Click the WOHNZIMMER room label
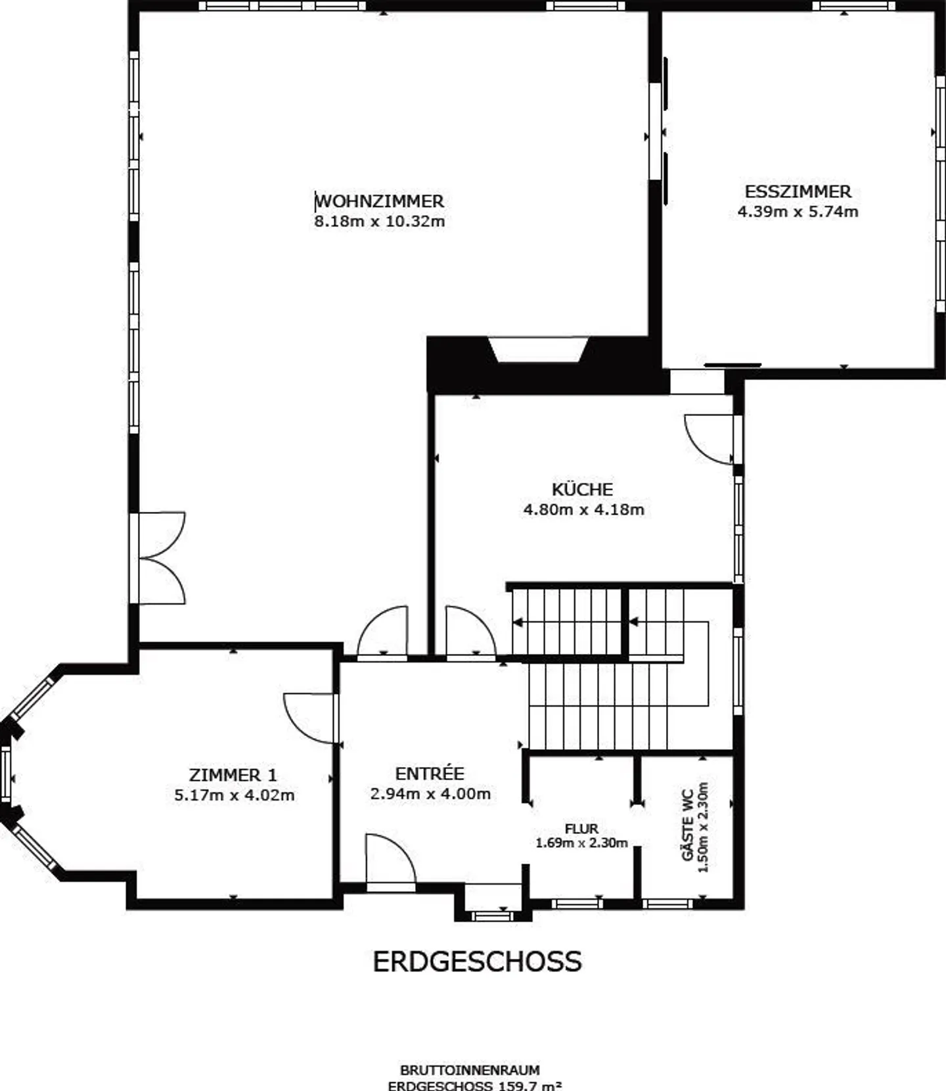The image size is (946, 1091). (380, 201)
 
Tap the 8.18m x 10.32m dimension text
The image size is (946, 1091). (380, 221)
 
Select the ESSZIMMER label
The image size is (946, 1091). (798, 192)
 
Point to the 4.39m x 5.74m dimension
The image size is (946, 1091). (798, 212)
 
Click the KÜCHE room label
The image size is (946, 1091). (583, 489)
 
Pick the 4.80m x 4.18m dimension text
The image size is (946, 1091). (584, 509)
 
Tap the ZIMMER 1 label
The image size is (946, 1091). (233, 775)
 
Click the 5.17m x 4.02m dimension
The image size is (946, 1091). (235, 795)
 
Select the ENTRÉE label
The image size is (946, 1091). (430, 773)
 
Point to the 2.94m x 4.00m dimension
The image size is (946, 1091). (431, 794)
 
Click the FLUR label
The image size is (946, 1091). (581, 829)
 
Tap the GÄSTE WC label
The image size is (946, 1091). (688, 825)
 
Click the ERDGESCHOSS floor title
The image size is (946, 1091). (478, 962)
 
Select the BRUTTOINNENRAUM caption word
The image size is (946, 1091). (470, 1071)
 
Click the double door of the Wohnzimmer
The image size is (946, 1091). (162, 558)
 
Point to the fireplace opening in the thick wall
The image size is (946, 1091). (538, 350)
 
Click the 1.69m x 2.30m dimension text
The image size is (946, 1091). (581, 843)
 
